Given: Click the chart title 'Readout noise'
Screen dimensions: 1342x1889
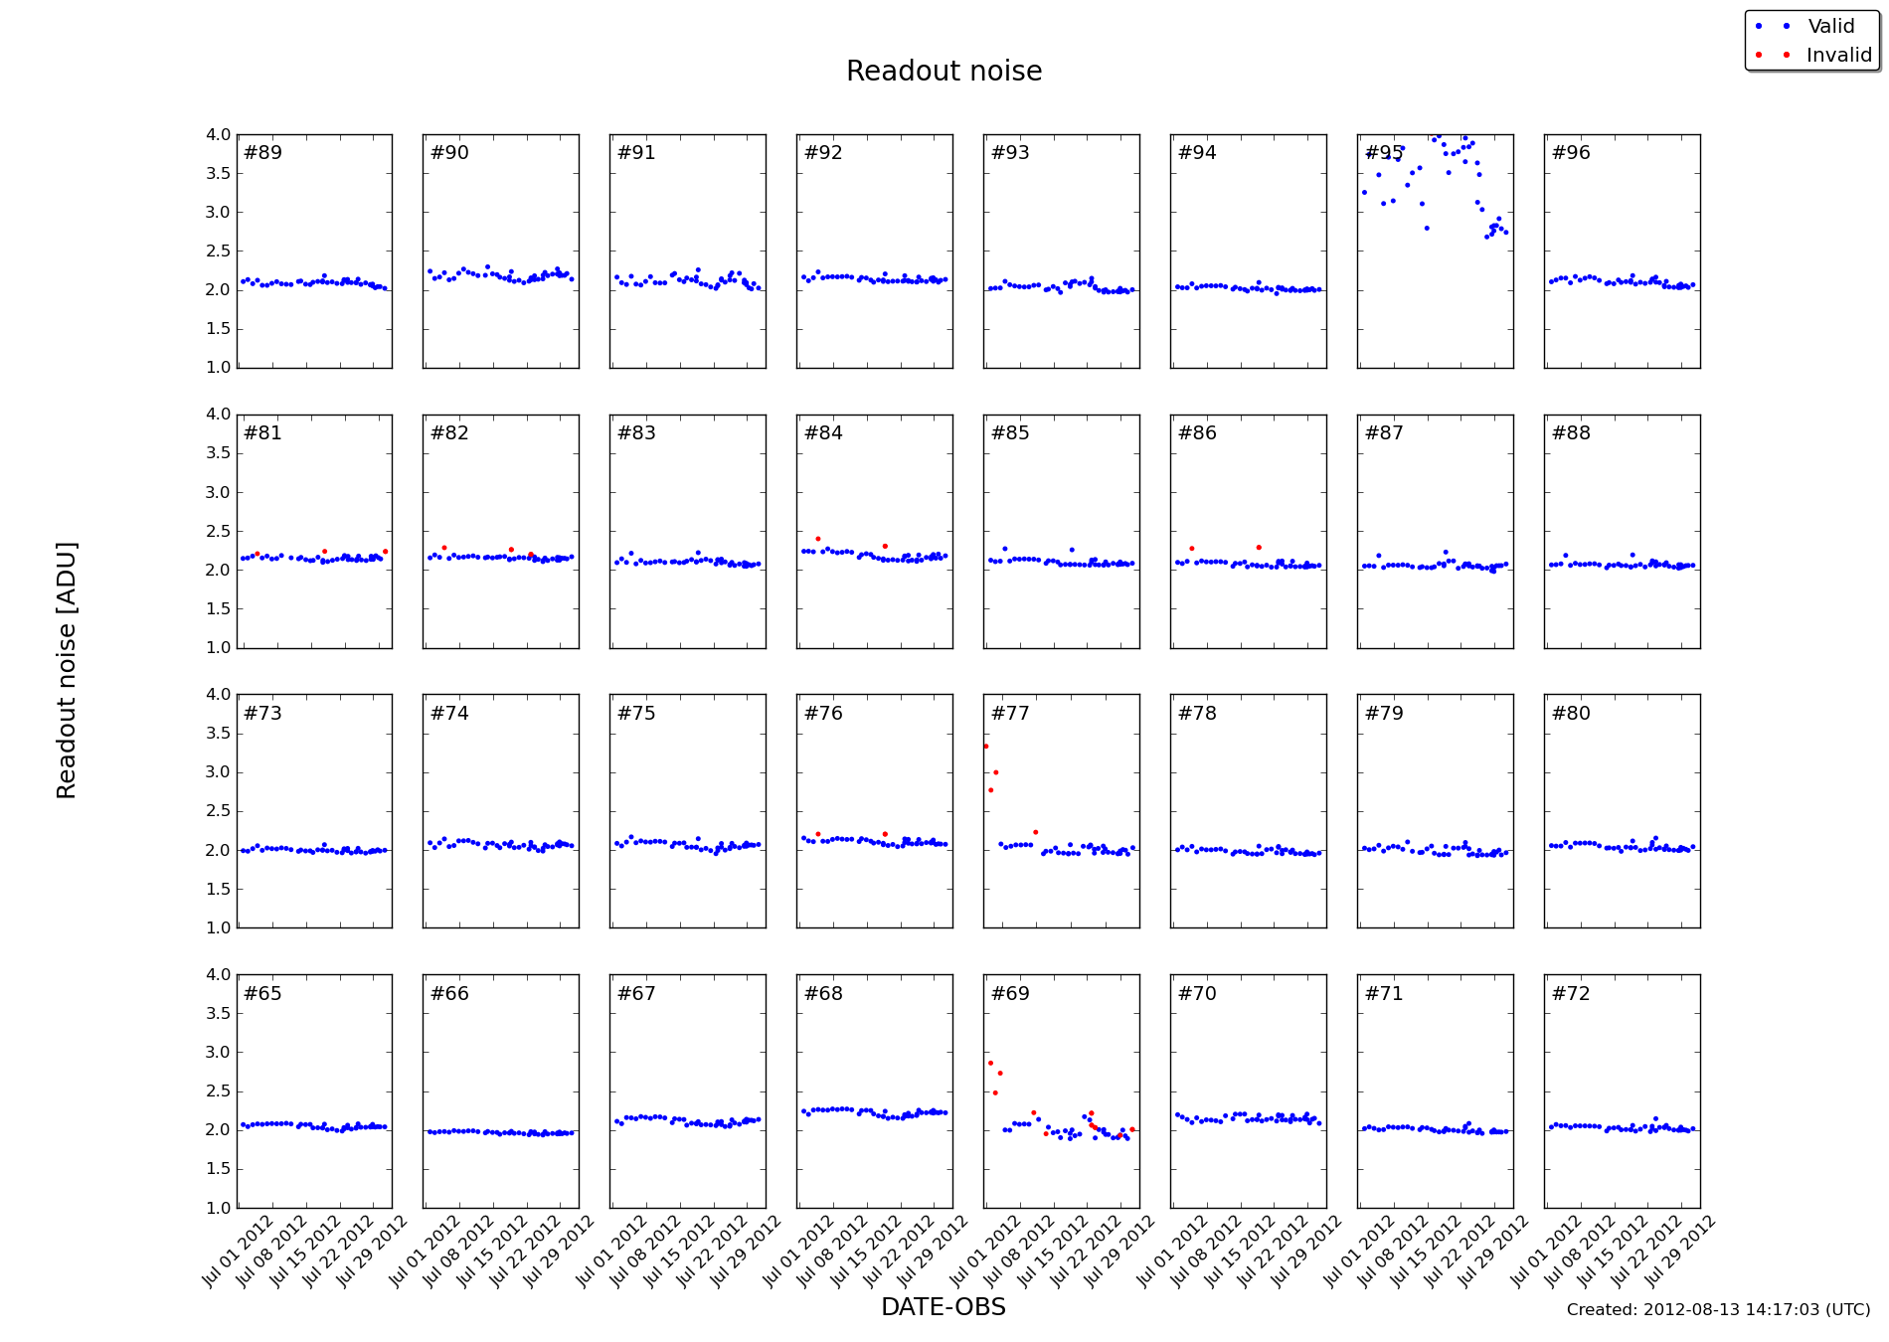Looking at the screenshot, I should point(944,72).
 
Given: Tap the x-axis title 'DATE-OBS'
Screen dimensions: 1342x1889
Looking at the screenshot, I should point(944,1307).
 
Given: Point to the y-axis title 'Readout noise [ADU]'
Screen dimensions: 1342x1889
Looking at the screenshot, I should point(67,670).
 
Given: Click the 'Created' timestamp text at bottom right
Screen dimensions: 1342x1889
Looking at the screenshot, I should point(1718,1310).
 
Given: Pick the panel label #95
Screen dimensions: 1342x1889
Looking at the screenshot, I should point(1384,153).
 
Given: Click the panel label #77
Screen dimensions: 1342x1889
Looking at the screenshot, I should point(1010,714).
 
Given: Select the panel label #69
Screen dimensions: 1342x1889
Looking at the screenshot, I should point(1010,994).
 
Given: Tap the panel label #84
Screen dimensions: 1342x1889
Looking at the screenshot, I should point(823,433).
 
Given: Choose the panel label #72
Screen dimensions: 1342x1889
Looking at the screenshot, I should point(1571,994).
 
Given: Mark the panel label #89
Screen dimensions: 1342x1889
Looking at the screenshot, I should point(262,153).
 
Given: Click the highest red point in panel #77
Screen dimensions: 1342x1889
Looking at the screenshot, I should point(985,747).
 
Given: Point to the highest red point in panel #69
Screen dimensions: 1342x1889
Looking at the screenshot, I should point(990,1063).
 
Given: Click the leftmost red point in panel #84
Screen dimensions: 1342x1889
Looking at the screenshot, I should point(818,539).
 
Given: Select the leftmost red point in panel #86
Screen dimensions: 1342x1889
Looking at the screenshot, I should point(1192,549).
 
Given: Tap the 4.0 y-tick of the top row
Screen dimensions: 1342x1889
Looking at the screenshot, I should point(218,135).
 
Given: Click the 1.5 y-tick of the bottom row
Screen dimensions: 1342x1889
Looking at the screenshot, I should point(218,1169).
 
